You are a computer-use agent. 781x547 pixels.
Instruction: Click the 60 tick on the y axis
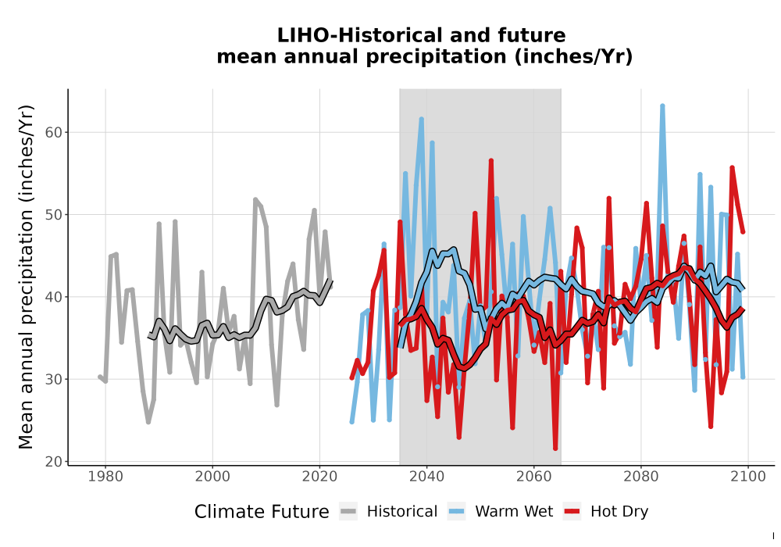click(54, 133)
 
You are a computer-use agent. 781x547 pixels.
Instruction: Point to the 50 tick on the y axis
click(54, 215)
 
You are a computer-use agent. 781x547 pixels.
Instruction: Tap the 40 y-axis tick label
click(54, 297)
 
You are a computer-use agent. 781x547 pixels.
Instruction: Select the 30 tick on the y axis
click(54, 379)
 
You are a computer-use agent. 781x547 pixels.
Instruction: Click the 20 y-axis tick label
click(54, 462)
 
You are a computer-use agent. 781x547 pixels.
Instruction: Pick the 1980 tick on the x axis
click(105, 477)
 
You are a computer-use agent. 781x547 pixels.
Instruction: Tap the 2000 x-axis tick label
click(212, 477)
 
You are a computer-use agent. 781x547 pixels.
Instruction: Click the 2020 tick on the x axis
click(319, 477)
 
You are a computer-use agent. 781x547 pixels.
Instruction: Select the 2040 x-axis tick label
click(426, 477)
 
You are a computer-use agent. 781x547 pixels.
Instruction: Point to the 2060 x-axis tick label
click(533, 477)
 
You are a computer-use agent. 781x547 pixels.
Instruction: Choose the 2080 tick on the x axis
click(641, 477)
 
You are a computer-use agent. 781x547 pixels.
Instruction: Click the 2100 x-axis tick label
click(748, 477)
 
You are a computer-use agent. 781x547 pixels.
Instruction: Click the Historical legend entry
click(388, 512)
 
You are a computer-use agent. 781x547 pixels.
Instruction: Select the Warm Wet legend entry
click(500, 512)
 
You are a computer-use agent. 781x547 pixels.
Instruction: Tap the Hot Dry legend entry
click(606, 512)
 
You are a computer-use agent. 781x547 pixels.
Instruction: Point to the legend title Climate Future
click(262, 512)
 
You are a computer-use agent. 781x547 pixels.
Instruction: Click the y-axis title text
click(26, 277)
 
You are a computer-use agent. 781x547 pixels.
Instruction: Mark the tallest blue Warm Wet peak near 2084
click(662, 105)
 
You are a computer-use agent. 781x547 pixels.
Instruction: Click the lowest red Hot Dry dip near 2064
click(555, 449)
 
